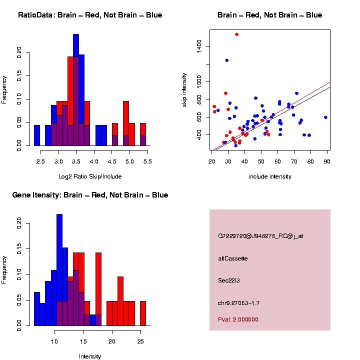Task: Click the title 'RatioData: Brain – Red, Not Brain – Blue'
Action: [x=90, y=15]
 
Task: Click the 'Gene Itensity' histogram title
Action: [x=90, y=195]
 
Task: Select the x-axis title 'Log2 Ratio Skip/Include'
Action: [x=89, y=176]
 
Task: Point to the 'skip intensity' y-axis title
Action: [x=184, y=89]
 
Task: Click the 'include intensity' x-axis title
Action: [x=270, y=176]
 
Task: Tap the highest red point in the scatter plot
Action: [x=236, y=34]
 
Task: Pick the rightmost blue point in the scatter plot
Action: [x=325, y=117]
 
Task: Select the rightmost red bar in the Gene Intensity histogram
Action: [x=143, y=313]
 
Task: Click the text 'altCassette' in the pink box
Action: [x=232, y=258]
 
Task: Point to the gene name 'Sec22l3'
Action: [x=229, y=280]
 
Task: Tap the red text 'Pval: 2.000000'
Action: [x=238, y=319]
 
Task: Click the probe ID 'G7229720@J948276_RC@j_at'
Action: [x=260, y=236]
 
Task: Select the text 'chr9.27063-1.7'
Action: [x=238, y=303]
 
